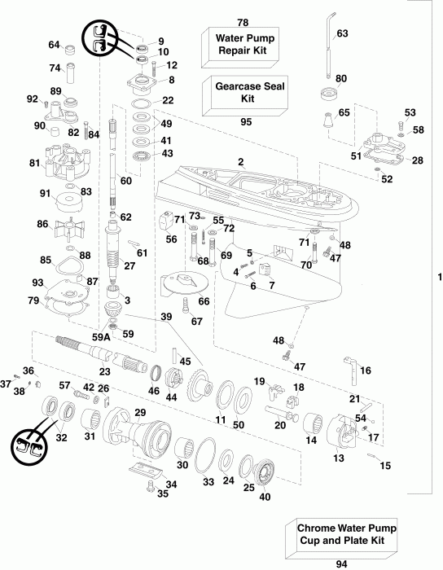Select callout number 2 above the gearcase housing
point(241,162)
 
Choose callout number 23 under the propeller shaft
point(104,371)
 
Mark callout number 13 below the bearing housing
point(339,458)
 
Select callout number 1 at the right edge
point(438,278)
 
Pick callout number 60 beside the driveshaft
point(126,181)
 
